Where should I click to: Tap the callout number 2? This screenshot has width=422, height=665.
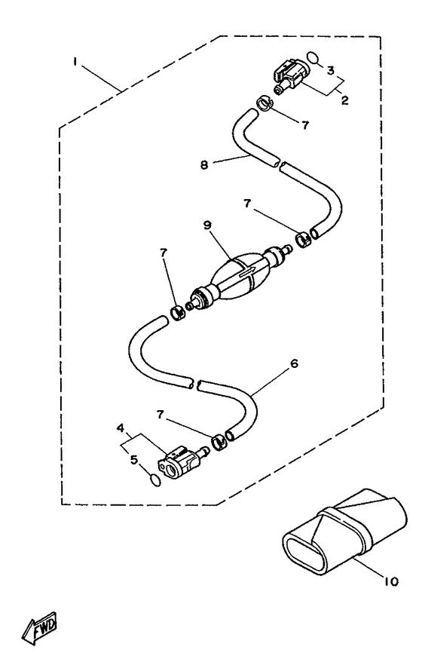[x=345, y=100]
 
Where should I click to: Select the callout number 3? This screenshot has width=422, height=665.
[x=331, y=70]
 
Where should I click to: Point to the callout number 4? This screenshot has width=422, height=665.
[x=121, y=428]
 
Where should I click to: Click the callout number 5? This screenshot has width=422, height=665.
[x=134, y=460]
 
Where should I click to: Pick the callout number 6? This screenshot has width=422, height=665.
[x=294, y=363]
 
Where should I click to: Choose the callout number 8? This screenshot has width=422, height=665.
[x=204, y=164]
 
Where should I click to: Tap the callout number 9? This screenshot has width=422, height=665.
[x=207, y=225]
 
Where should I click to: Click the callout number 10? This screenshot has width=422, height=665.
[x=391, y=581]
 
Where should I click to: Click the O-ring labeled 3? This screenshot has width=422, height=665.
[x=313, y=57]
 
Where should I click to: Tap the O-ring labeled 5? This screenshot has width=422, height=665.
[x=155, y=480]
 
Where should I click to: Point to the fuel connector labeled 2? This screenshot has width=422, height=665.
[x=289, y=77]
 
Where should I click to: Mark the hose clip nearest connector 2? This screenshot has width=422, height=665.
[x=265, y=103]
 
